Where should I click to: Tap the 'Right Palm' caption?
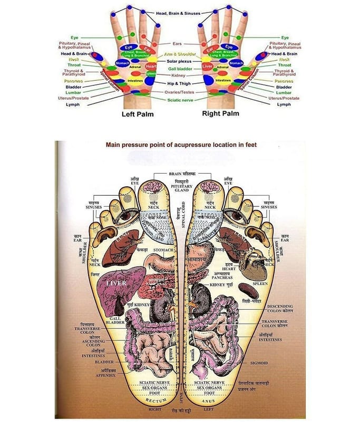coord(220,113)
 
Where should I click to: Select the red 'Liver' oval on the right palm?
coord(207,66)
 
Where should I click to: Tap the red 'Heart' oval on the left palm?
coord(151,67)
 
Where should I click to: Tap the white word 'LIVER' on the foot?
coord(117,283)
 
